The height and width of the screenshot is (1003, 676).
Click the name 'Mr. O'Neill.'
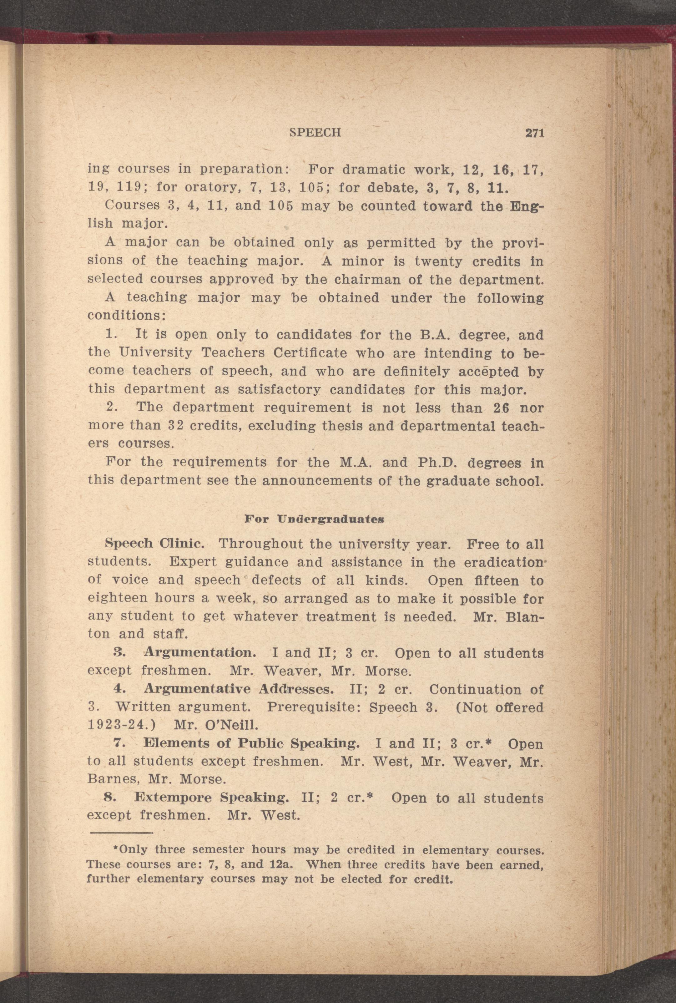click(215, 725)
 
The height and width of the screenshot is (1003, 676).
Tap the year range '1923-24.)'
click(123, 725)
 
